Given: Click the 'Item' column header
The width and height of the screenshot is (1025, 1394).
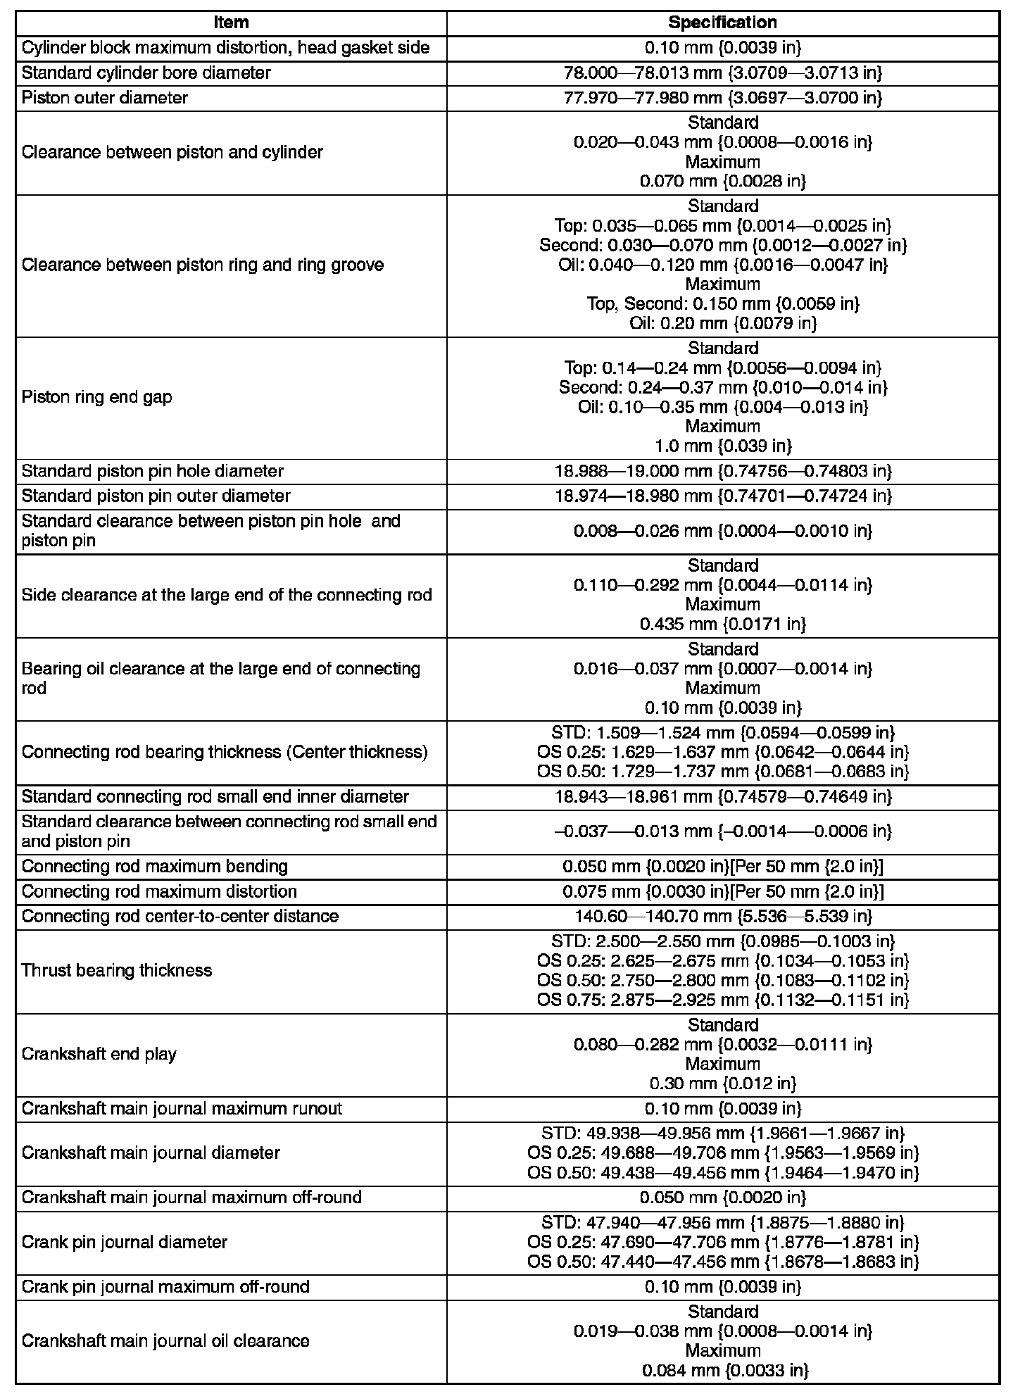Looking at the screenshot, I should [231, 23].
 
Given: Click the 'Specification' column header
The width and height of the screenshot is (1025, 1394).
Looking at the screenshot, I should [722, 23].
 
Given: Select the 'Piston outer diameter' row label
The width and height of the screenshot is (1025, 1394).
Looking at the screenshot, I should [105, 98].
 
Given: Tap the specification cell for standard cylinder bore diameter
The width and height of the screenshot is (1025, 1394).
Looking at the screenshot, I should [722, 73].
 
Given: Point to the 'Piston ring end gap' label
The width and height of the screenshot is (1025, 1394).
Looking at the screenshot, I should [96, 397].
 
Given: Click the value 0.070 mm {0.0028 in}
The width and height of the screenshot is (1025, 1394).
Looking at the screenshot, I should [722, 182].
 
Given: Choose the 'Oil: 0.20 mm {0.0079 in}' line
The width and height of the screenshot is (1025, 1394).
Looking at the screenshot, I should [722, 323].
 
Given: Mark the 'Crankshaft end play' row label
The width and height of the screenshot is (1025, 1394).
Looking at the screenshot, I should [99, 1054].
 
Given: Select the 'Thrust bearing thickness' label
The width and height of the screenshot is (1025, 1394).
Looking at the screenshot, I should [117, 970].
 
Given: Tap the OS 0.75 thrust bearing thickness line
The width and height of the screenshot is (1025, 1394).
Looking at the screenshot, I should [722, 1000].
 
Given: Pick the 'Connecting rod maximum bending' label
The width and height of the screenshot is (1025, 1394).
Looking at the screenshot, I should [155, 866].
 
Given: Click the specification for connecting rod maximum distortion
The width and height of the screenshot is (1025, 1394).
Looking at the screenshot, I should [722, 891].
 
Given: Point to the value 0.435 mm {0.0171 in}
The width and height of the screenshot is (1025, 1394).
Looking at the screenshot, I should [722, 624].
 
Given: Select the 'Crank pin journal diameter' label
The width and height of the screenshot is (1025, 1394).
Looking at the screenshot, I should [125, 1242].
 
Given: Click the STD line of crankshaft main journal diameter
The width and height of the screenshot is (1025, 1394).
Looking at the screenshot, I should [722, 1134].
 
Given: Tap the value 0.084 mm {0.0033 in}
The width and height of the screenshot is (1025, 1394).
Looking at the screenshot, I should [722, 1371].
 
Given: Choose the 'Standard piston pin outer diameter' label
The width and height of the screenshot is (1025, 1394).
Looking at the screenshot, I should [156, 496].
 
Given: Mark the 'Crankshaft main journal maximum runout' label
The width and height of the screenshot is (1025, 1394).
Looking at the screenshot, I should [182, 1109].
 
